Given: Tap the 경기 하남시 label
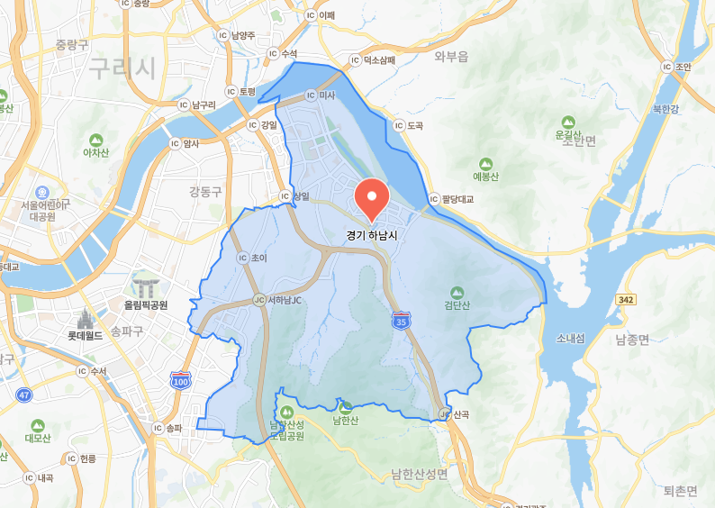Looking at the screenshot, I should pos(371,234).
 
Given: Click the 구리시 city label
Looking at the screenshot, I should pos(122,67).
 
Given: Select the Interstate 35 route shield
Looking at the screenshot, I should pos(400,320).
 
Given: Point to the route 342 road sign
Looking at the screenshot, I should pos(628,298).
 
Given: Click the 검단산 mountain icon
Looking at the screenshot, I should pos(457,292).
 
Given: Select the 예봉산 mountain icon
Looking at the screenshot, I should pos(485,164).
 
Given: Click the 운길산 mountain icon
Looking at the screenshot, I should pos(568,122).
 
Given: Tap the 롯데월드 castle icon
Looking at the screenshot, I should pos(86,319).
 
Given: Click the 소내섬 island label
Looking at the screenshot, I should pos(570,339).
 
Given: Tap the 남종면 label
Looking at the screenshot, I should pos(632,340).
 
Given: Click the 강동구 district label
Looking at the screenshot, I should pos(206,192).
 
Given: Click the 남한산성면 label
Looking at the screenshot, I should pos(419,474).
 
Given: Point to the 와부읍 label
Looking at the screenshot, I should pos(451,57).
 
